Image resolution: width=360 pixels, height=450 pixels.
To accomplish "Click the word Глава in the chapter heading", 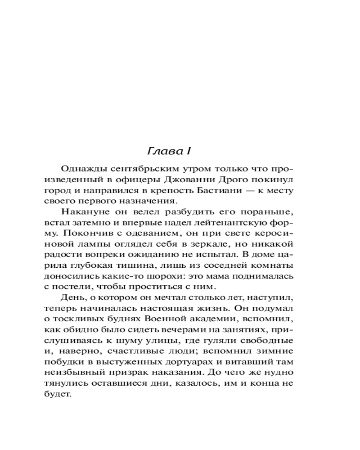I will tap(162, 149).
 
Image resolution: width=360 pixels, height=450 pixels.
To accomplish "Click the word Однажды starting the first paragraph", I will tap(81, 169).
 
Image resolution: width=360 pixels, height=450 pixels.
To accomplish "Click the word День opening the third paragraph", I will tap(70, 297).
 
